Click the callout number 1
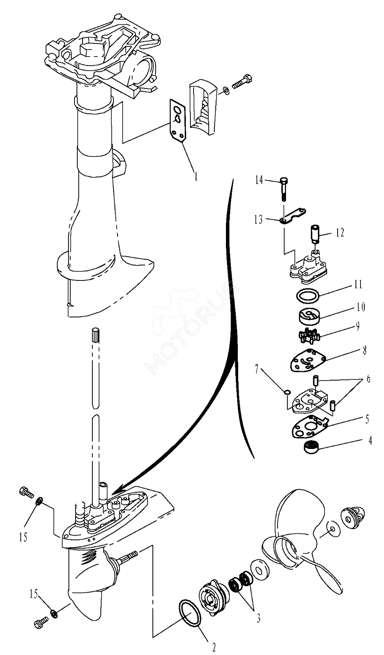pos(196,177)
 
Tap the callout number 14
pos(259,180)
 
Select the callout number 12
pos(340,233)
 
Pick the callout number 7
pos(257,369)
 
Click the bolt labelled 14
pos(283,189)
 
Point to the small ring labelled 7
pos(287,392)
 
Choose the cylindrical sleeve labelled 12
pos(315,233)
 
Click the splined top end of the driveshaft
pos(96,334)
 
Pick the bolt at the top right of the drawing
pos(242,81)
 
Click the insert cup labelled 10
pos(309,316)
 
